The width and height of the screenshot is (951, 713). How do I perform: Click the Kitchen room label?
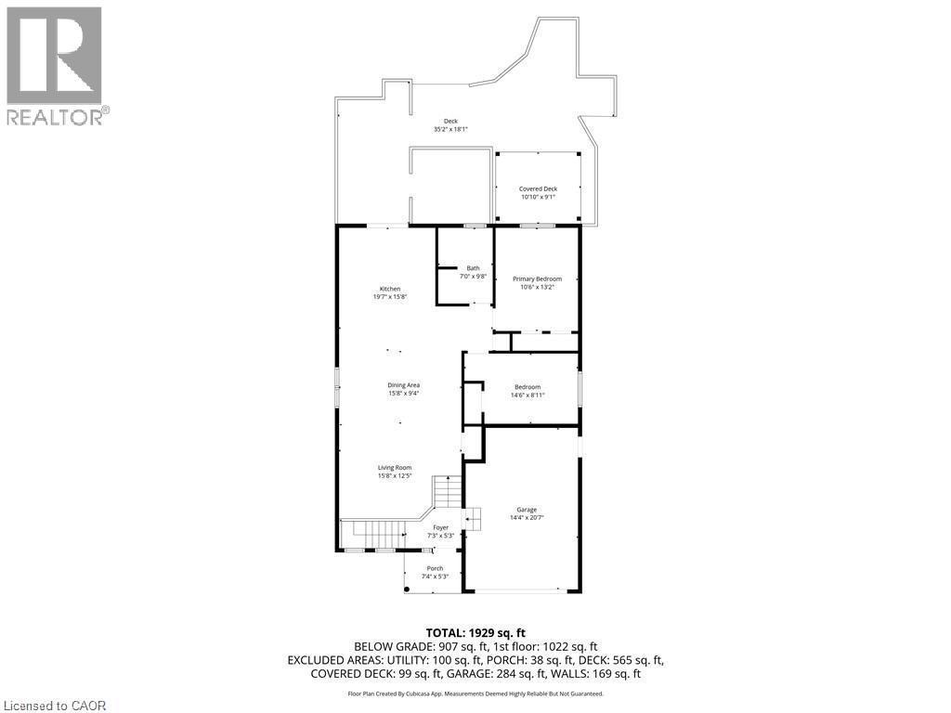[389, 289]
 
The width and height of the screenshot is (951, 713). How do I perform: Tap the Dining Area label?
[404, 385]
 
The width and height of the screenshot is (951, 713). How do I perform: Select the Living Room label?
[394, 468]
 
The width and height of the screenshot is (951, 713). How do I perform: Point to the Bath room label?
[474, 268]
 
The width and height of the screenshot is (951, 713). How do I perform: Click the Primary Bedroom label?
[537, 279]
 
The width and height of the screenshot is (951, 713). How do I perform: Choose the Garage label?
[527, 510]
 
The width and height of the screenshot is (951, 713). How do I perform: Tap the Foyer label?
[440, 527]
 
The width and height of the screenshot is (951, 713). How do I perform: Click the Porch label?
[435, 568]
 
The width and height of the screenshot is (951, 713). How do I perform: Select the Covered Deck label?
[538, 188]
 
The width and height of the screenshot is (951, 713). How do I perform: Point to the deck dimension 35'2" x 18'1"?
[450, 129]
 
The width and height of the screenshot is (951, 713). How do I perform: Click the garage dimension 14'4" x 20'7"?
[527, 518]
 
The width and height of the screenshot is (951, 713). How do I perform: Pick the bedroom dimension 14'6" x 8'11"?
[528, 395]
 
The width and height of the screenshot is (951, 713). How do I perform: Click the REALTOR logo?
[55, 65]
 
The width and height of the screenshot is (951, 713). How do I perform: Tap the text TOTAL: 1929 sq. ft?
[475, 632]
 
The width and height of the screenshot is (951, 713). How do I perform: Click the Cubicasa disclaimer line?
[475, 694]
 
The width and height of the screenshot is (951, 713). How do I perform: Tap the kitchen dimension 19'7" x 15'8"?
[390, 297]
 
